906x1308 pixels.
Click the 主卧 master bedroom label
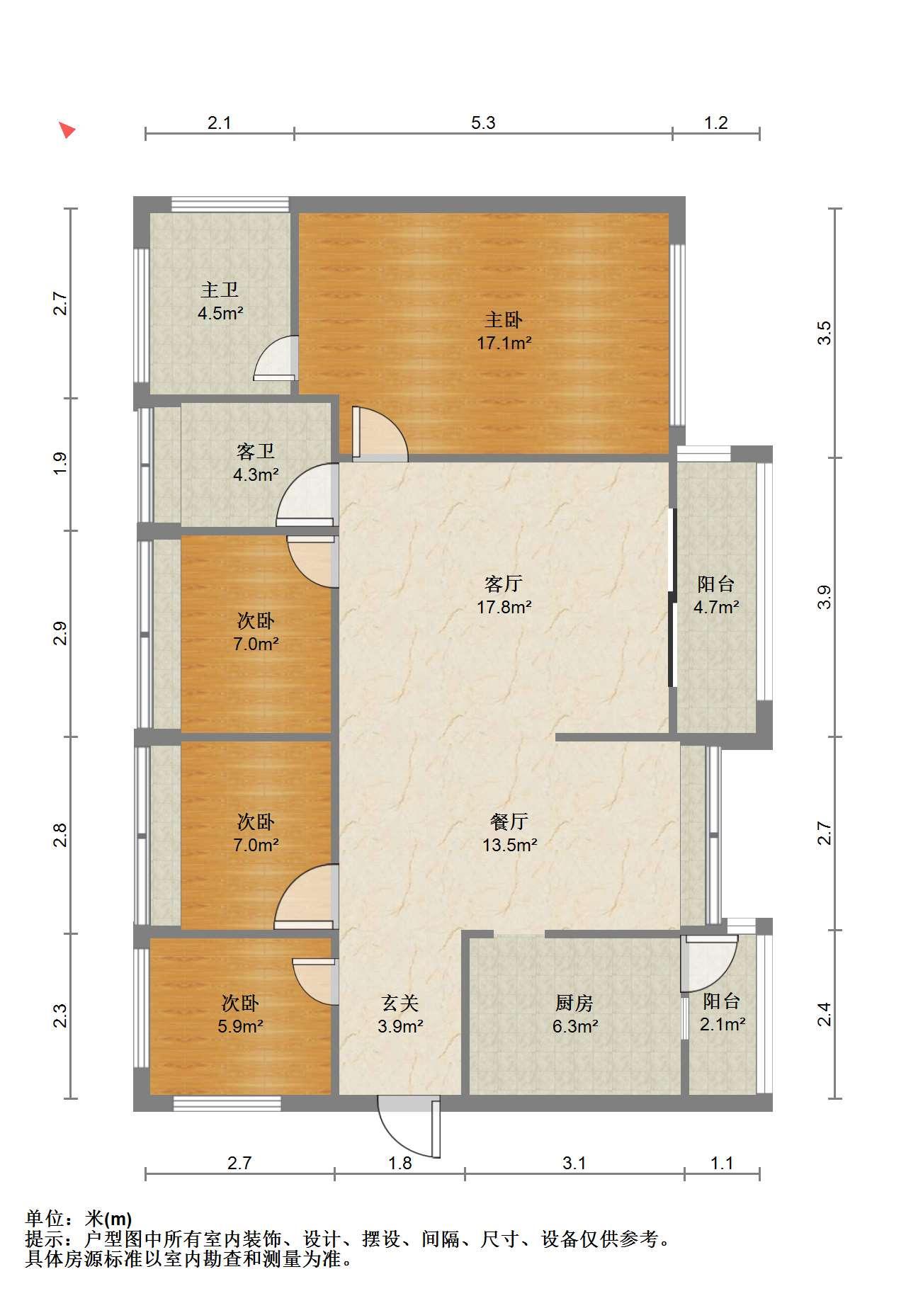[504, 320]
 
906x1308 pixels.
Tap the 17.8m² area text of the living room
[504, 607]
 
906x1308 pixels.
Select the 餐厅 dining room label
[509, 821]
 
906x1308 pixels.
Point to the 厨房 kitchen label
[574, 1003]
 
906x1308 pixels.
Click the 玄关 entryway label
[401, 1003]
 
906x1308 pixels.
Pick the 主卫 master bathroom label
[220, 290]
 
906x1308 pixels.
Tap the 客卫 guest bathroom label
[256, 451]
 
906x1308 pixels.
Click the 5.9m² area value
[241, 1025]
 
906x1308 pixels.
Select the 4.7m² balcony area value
[716, 607]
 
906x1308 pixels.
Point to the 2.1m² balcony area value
[723, 1024]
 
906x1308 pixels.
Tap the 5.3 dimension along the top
[483, 123]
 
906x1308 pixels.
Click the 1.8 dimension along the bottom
[400, 1164]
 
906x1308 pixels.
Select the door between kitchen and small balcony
[708, 963]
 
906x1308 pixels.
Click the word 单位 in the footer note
[43, 1219]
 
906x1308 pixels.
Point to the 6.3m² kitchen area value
[575, 1025]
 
